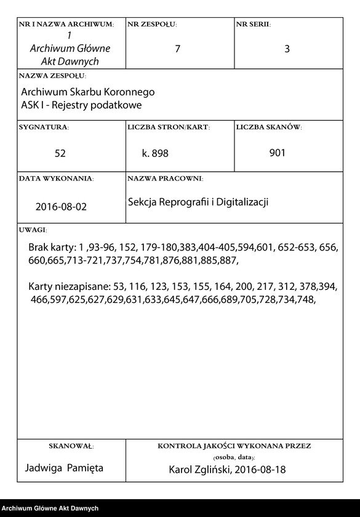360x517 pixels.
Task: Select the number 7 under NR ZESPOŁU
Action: [178, 49]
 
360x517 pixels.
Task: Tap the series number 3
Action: [287, 49]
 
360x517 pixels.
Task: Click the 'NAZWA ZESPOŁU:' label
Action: [52, 76]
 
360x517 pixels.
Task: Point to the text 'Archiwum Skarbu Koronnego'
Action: [88, 92]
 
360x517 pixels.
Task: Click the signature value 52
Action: [60, 153]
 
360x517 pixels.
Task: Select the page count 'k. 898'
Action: [155, 153]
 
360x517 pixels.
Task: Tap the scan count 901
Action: [277, 153]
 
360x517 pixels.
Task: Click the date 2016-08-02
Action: [61, 207]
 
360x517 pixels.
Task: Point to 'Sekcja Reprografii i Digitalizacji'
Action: [198, 202]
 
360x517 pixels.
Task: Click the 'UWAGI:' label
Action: [33, 230]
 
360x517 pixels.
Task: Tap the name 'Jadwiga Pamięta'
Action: [65, 468]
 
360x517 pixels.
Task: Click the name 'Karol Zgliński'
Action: [201, 470]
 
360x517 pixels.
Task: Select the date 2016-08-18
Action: [263, 470]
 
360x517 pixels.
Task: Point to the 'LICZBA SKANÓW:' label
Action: [268, 127]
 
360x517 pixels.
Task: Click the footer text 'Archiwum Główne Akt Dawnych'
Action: [50, 508]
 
